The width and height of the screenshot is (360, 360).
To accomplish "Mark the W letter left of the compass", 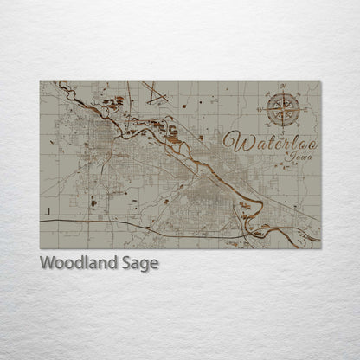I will coord(260,108).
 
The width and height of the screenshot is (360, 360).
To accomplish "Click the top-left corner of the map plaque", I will coord(40,81).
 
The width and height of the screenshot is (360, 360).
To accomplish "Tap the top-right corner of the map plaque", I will coord(320,81).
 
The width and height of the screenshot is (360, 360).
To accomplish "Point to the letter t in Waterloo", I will coord(256,142).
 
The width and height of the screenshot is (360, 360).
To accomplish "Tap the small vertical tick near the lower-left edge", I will coord(50,211).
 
